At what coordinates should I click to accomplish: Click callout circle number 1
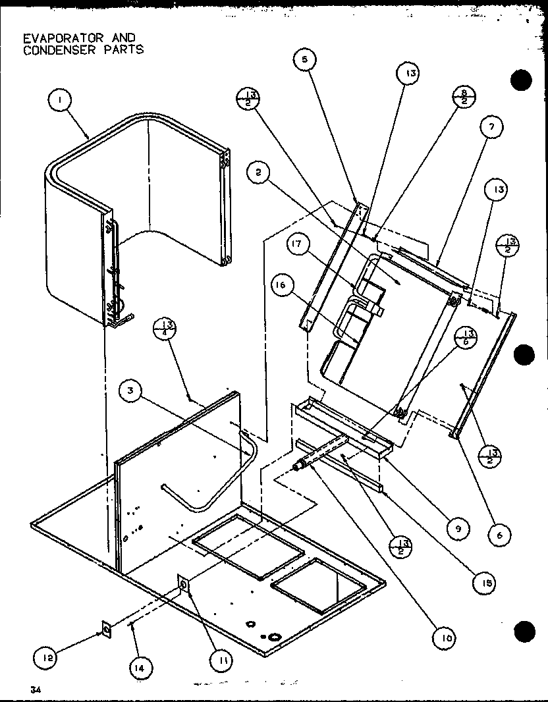[60, 101]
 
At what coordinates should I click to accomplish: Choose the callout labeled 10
[445, 636]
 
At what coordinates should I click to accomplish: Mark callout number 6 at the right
[499, 535]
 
